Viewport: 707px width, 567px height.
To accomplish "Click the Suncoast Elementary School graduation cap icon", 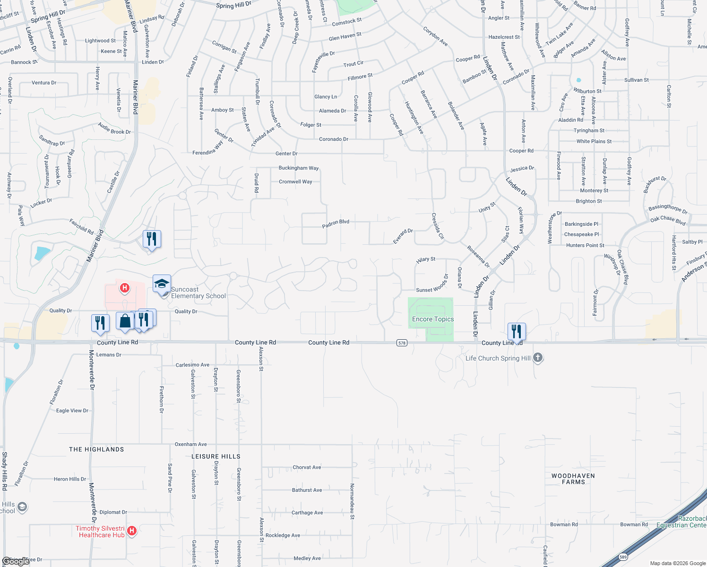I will coord(162,284).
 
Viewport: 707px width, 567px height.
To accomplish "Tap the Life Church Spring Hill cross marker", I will coord(538,358).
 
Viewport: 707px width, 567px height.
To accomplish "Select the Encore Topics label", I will coord(433,319).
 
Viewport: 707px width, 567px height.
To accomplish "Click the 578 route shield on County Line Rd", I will coord(402,343).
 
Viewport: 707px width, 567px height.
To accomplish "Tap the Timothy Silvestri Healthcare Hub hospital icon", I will coord(132,531).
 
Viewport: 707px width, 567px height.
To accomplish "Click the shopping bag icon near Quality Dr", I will coord(125,321).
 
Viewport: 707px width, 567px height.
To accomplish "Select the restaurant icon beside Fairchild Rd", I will coord(152,239).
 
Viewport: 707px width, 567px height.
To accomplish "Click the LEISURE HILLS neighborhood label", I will coord(216,456).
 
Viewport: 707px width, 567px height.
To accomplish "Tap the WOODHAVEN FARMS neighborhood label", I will coord(573,479).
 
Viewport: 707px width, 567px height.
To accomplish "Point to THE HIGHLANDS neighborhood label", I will coord(96,449).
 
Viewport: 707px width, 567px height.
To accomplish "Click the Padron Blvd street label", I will coord(336,223).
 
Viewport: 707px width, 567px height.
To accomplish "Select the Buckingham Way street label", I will coord(299,168).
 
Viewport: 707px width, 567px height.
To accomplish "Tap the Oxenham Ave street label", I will coord(191,445).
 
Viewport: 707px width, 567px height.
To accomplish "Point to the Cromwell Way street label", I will coord(295,182).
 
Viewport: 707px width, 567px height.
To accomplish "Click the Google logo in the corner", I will coord(16,561).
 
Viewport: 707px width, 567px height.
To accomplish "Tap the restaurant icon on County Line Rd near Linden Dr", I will coord(517,331).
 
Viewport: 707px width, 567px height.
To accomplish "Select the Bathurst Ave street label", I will coord(307,490).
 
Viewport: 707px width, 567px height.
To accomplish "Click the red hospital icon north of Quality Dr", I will coord(125,288).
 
